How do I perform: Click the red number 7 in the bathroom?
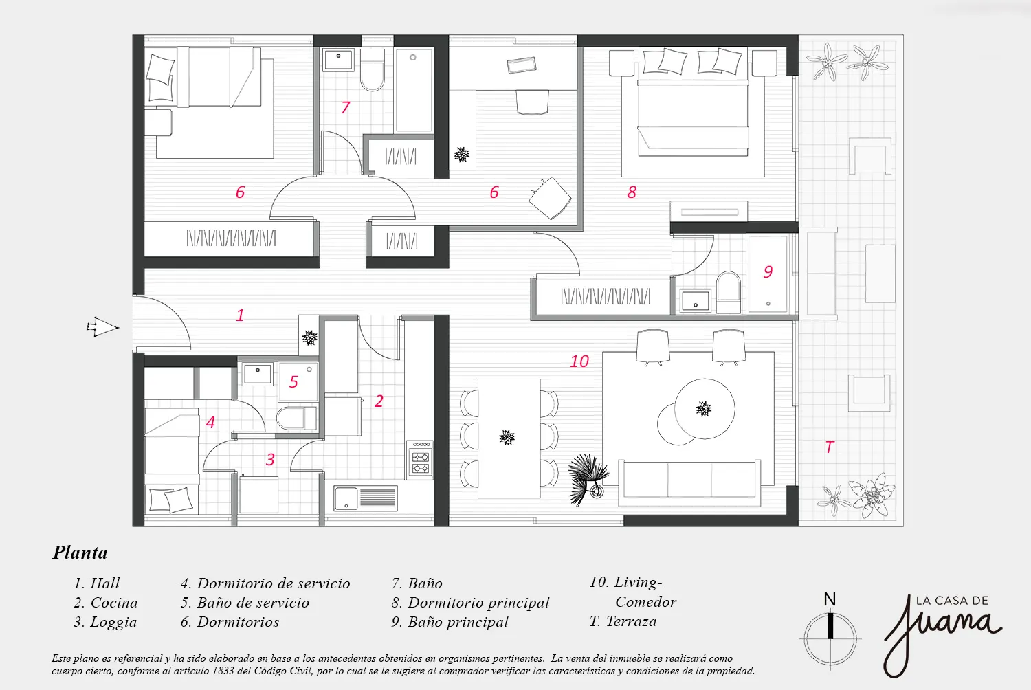346,107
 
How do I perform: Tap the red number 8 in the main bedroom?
632,192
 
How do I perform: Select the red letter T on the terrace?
830,447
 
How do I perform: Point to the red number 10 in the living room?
579,361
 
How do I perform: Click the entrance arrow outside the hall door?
102,327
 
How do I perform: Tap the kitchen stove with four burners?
420,460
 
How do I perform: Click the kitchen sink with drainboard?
366,498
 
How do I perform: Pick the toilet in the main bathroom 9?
729,292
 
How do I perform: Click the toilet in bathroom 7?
373,70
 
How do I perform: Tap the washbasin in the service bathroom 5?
258,374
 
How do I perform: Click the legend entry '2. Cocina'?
105,603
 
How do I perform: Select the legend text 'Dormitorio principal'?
478,603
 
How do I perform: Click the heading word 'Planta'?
80,553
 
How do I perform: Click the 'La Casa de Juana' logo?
942,635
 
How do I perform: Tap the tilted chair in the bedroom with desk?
550,198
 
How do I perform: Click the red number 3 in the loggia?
271,459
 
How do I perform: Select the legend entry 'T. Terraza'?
623,621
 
